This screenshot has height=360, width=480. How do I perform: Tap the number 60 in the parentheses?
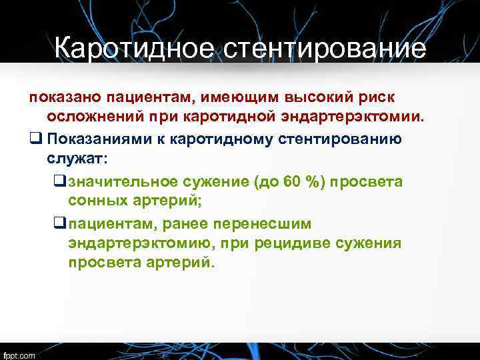(292, 181)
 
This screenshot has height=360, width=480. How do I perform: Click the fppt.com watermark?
(19, 354)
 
